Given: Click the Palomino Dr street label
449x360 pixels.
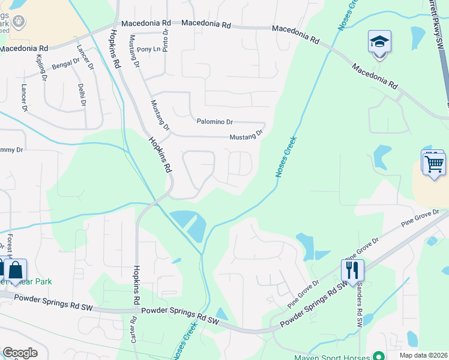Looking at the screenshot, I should (x=214, y=121).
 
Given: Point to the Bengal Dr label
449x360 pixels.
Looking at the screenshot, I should (x=66, y=64).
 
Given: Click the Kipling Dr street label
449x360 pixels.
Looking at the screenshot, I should (x=41, y=67).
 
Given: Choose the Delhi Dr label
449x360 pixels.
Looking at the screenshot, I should (x=81, y=95).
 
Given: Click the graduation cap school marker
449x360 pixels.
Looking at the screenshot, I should (x=379, y=42).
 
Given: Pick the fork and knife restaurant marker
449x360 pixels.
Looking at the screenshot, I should (x=352, y=270).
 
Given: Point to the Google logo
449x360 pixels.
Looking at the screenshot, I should (x=19, y=353).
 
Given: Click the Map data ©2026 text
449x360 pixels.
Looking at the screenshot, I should (x=423, y=355).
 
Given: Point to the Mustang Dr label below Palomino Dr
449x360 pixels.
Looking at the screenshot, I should (x=246, y=136).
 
